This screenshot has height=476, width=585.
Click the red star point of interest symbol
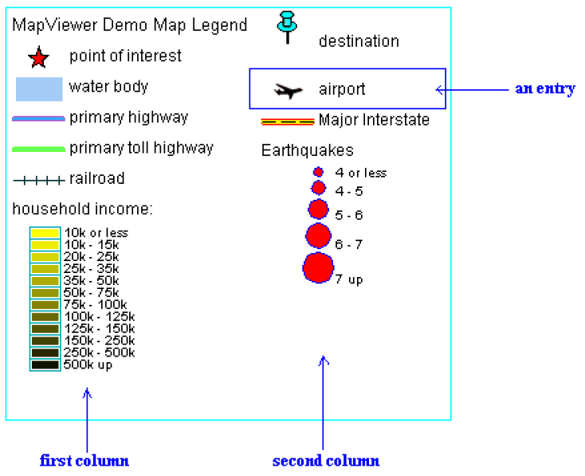[38, 58]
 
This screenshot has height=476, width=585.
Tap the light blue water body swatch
[39, 89]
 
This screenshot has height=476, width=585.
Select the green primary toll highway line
[38, 149]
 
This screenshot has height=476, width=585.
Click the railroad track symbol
[38, 181]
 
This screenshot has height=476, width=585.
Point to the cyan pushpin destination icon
[287, 27]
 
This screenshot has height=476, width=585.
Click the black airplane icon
[288, 91]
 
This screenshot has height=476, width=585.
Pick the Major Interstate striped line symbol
[287, 122]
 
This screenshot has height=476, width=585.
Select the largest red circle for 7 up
[317, 267]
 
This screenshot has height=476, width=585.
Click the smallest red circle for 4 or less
[318, 172]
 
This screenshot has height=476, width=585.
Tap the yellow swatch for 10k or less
[45, 232]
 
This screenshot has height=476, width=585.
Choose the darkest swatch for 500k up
[45, 365]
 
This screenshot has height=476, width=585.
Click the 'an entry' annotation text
[544, 89]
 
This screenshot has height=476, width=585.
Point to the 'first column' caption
[84, 461]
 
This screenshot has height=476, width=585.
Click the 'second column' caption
[326, 461]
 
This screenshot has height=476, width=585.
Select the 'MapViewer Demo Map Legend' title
[130, 25]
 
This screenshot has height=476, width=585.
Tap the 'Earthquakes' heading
[308, 150]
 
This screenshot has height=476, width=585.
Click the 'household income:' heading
[83, 209]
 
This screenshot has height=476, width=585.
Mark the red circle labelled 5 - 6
[318, 209]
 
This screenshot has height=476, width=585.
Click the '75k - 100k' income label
[95, 305]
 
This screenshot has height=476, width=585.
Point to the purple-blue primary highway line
[38, 119]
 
